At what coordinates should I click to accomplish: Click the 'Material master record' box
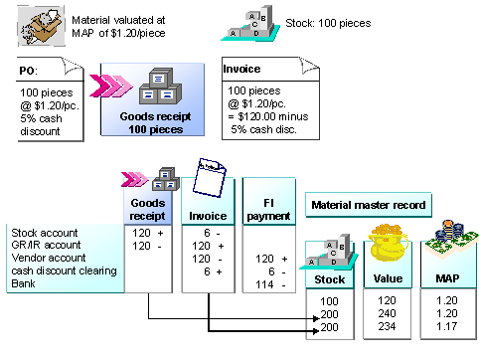[368, 206]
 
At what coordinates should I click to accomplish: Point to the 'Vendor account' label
[46, 257]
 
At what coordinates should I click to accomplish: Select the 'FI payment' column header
[265, 207]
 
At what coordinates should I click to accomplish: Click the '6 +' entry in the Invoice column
[207, 270]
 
